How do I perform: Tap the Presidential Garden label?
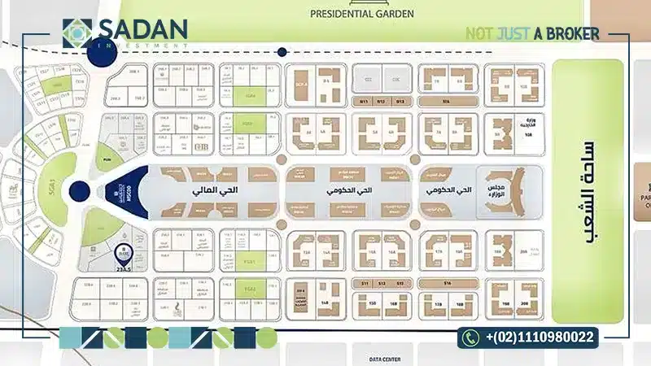pos(362,14)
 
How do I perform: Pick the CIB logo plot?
pos(200,148)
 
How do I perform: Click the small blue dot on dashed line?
pos(282,52)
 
